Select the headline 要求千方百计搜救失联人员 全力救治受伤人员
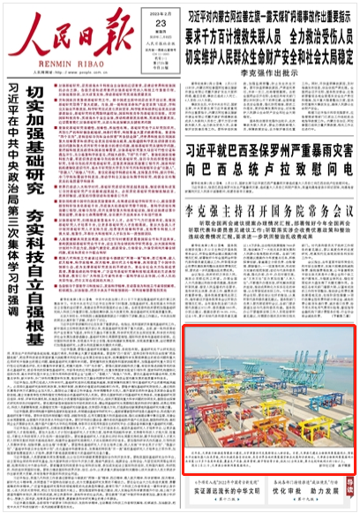pos(269,31)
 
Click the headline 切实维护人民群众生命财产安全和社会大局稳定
pos(269,48)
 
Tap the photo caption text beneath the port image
pos(265,464)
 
